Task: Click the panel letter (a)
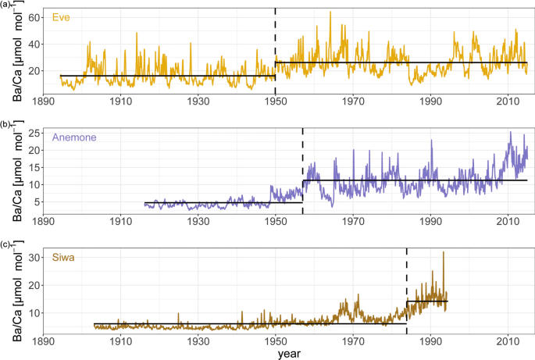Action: coord(5,4)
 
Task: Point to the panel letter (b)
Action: coord(5,124)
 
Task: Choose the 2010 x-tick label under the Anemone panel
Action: coord(508,221)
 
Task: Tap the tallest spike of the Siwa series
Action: coord(444,252)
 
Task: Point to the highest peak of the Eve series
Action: coord(330,12)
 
